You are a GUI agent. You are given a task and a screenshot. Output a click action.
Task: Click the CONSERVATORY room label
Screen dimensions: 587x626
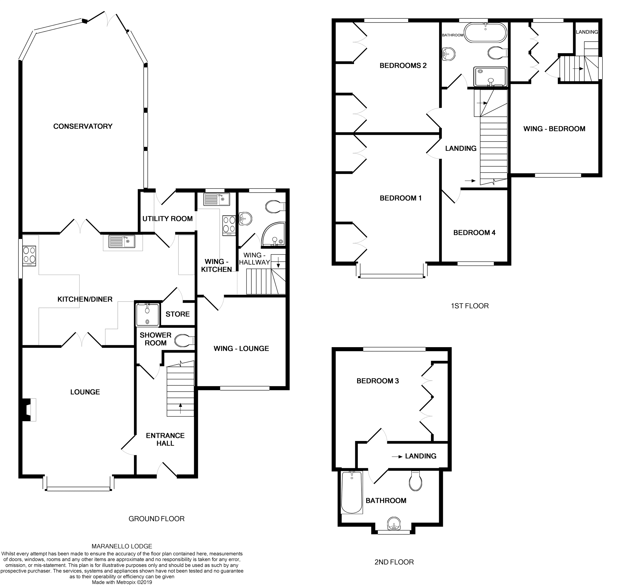pyautogui.click(x=83, y=126)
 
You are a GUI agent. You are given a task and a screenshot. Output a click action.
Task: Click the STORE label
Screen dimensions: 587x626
pyautogui.click(x=177, y=314)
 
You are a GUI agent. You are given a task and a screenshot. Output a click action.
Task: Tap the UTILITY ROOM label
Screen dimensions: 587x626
pyautogui.click(x=167, y=219)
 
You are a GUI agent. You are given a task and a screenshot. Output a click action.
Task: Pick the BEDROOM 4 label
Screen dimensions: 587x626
pyautogui.click(x=474, y=233)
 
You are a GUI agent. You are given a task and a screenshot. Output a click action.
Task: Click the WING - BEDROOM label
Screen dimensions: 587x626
pyautogui.click(x=554, y=129)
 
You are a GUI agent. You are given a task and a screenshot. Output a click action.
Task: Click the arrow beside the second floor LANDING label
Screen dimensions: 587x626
pyautogui.click(x=398, y=457)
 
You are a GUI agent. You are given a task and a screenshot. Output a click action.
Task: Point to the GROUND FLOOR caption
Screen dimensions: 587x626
pyautogui.click(x=156, y=519)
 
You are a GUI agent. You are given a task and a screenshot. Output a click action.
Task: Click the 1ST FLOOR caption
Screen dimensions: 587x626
pyautogui.click(x=469, y=306)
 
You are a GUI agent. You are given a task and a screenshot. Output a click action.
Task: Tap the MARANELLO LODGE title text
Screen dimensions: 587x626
pyautogui.click(x=121, y=546)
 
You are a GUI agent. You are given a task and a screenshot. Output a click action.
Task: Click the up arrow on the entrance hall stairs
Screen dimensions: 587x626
pyautogui.click(x=180, y=408)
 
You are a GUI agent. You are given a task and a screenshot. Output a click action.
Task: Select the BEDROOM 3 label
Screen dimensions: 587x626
pyautogui.click(x=377, y=381)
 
